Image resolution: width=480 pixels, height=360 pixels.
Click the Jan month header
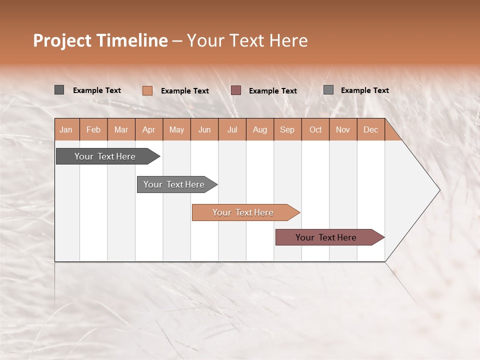(66, 129)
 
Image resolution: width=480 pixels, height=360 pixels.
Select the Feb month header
(93, 129)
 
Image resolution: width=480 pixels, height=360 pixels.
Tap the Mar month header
(121, 129)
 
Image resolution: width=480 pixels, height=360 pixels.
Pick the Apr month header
(149, 129)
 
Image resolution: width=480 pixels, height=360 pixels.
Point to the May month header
(176, 129)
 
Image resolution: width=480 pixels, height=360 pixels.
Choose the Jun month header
(204, 129)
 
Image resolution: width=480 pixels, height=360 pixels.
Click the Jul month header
(232, 129)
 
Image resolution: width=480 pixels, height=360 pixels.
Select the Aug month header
(260, 129)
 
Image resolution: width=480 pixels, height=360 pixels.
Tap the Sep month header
(287, 129)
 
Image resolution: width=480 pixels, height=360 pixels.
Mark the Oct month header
(315, 129)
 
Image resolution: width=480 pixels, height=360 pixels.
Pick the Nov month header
(343, 129)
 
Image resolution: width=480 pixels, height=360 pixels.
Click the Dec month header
(371, 129)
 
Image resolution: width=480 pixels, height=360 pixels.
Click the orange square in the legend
(147, 90)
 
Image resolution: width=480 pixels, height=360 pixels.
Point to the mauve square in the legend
(236, 90)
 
